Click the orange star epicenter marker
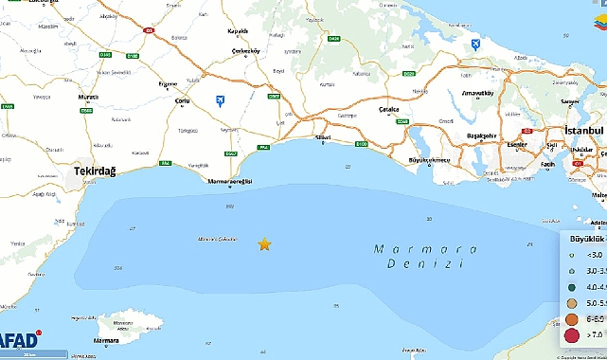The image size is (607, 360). click(x=264, y=244)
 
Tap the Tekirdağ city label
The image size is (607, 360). click(x=94, y=171)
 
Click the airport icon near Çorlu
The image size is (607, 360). click(x=221, y=99)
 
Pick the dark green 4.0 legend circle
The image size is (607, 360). click(x=571, y=286)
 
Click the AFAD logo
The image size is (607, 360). click(x=19, y=340)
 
